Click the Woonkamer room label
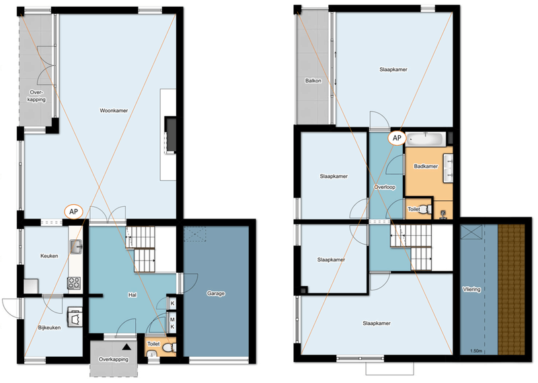point(114,110)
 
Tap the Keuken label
point(49,256)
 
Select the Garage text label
point(216,293)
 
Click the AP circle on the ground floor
point(74,212)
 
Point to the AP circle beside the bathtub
point(397,138)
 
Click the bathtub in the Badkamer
point(426,139)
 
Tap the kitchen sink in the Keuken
point(76,247)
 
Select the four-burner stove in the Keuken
point(74,283)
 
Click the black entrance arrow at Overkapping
point(126,347)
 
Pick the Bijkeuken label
point(49,327)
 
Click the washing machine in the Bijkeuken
point(75,318)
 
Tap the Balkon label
point(313,81)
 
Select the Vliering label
point(471,290)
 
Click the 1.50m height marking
point(476,351)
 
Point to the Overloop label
point(385,187)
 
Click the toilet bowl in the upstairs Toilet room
point(426,209)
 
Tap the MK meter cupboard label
point(172,323)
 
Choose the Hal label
point(132,294)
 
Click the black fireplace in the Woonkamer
point(171,135)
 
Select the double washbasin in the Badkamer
point(448,168)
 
